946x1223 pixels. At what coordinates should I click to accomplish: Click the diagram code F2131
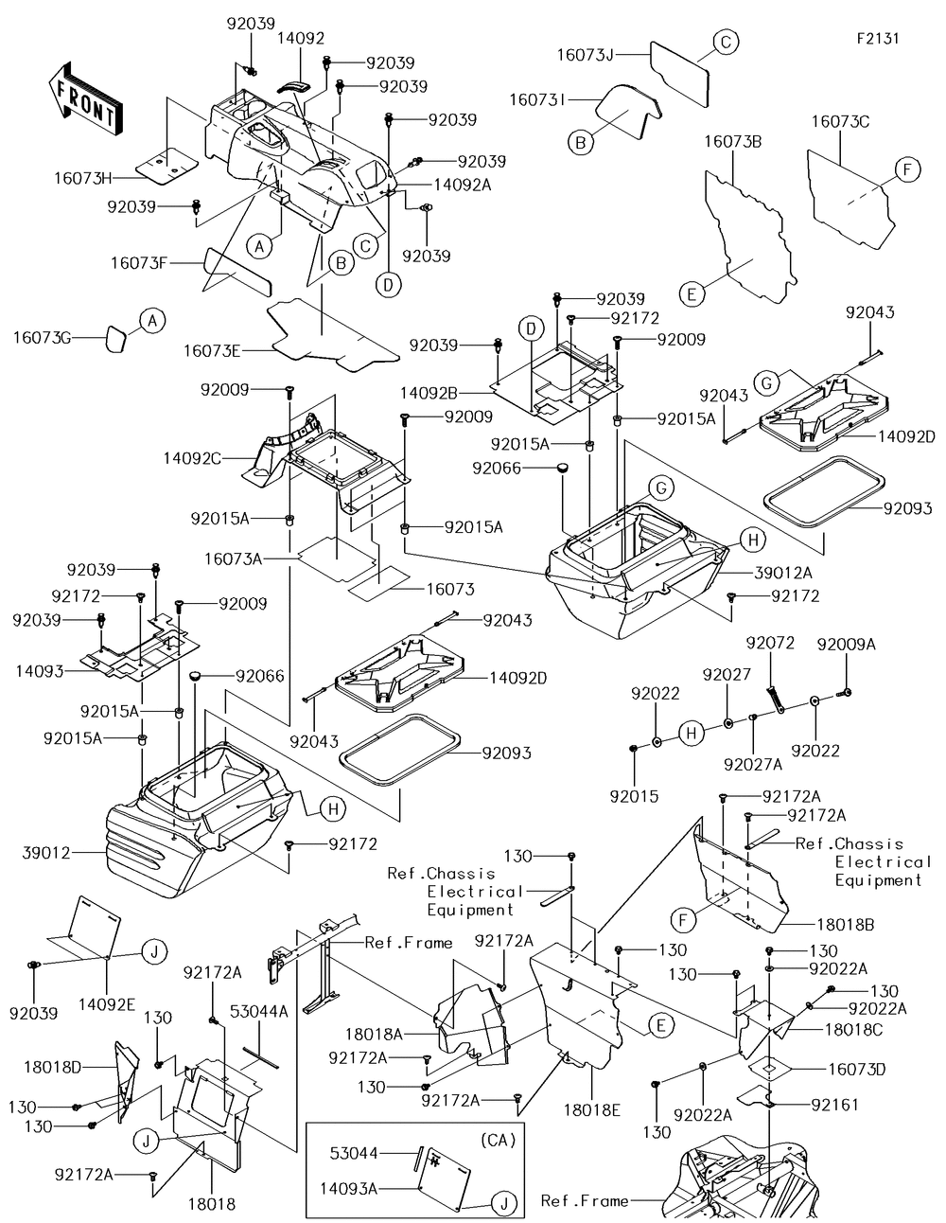pos(877,39)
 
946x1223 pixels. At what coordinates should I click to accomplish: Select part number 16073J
pos(585,56)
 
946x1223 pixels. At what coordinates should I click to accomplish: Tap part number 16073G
pos(43,337)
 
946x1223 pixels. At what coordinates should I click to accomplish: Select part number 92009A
pos(847,644)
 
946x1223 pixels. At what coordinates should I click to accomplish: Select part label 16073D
pos(857,1070)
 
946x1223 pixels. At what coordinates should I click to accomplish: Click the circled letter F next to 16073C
pos(905,170)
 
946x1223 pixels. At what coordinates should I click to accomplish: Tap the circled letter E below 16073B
pos(692,294)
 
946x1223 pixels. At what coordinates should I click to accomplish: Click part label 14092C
pos(191,457)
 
